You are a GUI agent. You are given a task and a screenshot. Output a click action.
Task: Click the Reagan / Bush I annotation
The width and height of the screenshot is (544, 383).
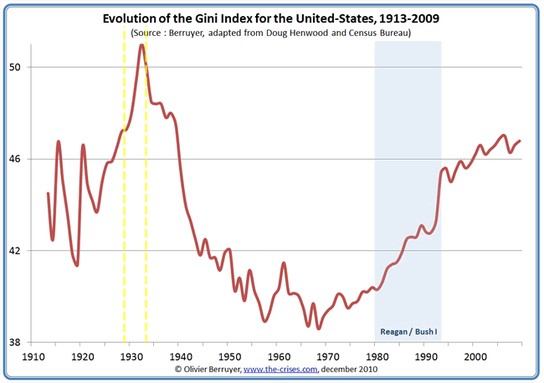pos(408,332)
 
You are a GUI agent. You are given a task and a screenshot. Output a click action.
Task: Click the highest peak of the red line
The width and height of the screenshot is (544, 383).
pos(142,45)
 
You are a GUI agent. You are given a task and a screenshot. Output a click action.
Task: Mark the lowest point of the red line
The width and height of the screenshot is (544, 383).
pos(318,328)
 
